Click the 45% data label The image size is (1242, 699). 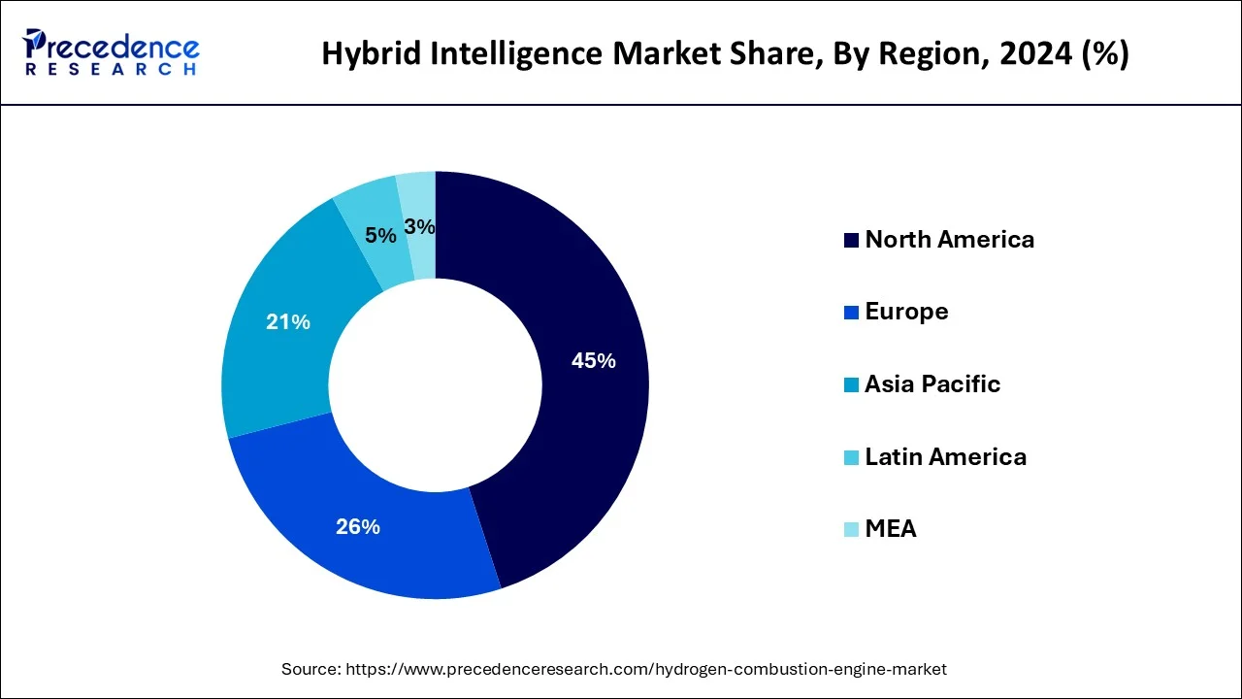(x=593, y=361)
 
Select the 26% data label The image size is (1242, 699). (x=357, y=527)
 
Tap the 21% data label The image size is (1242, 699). (x=288, y=322)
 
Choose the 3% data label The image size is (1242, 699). (x=420, y=227)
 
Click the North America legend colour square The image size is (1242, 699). (x=851, y=240)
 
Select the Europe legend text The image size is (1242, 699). (x=906, y=312)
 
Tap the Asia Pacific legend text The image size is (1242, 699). (x=931, y=384)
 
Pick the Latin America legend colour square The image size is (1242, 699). (x=851, y=457)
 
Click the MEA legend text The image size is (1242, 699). (x=890, y=529)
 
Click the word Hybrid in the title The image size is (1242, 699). (x=367, y=53)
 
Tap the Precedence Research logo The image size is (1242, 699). (x=112, y=51)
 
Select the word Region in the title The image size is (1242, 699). (x=921, y=53)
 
